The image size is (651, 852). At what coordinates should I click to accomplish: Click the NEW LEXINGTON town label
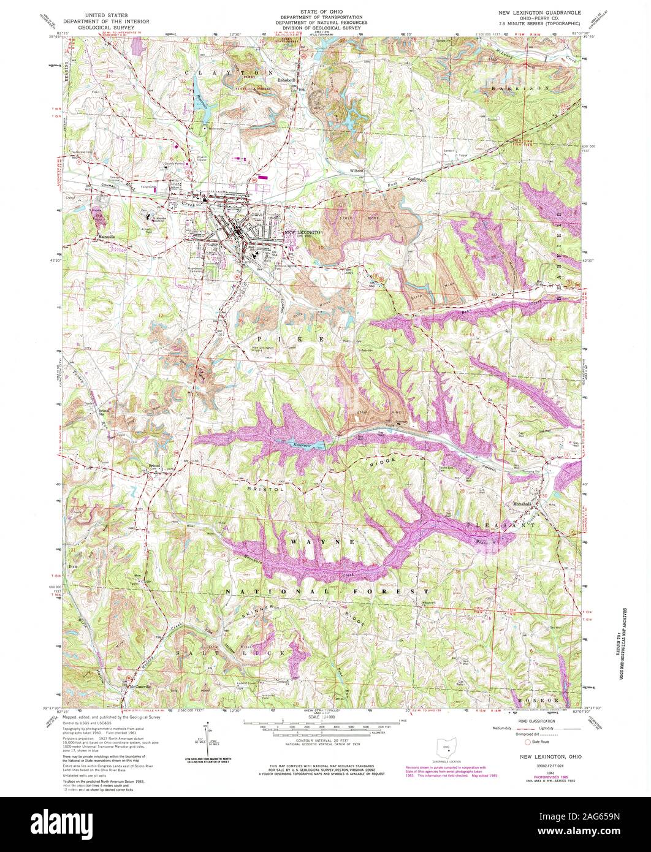302,234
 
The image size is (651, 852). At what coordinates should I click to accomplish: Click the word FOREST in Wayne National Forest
394,591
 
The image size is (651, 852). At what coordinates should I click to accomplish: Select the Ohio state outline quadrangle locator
446,747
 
